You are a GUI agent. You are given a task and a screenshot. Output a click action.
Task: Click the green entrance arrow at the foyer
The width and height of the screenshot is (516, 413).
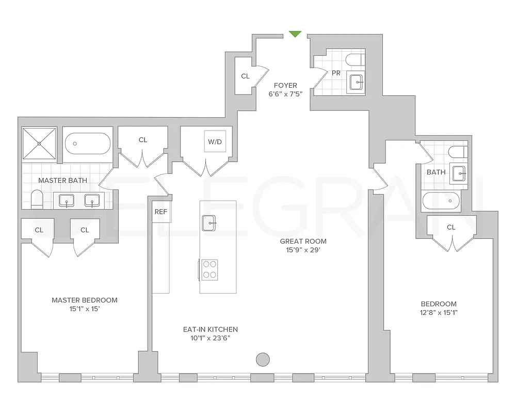coord(295,34)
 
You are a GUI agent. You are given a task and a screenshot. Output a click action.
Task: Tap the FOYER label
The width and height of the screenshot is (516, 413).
coord(285,86)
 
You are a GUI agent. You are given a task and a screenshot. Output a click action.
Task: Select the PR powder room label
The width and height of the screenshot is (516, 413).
coord(336,73)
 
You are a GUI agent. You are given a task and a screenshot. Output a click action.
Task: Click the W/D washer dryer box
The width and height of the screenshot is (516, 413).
coord(214,141)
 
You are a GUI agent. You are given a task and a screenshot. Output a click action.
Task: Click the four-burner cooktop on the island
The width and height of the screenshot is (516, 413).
coord(209,269)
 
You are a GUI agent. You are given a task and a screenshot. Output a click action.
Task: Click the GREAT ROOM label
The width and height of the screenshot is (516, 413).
coord(303,241)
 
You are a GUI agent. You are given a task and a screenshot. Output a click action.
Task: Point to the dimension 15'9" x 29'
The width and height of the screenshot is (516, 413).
coord(303,250)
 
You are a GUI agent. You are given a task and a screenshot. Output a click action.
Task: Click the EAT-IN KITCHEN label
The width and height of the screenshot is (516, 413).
coord(211,329)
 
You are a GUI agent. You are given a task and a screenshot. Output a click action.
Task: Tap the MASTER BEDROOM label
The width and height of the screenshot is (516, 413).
coord(85,300)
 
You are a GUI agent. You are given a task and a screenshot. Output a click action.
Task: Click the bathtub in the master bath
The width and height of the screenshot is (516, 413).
coord(88,141)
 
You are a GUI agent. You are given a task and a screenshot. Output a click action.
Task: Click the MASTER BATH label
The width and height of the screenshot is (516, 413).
coord(63,181)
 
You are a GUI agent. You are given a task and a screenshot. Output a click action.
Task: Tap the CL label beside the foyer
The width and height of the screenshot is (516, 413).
coord(245,76)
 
